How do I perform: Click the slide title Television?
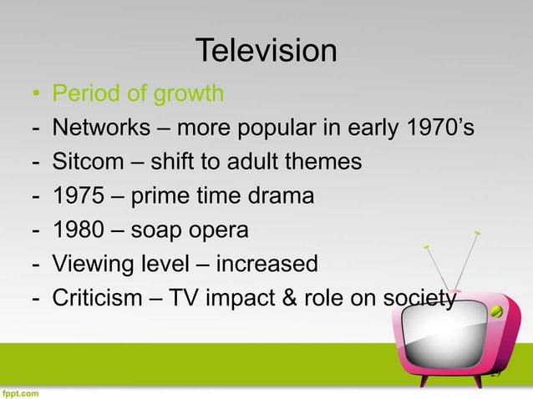[x=266, y=52]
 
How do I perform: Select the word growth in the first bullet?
[x=189, y=93]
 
